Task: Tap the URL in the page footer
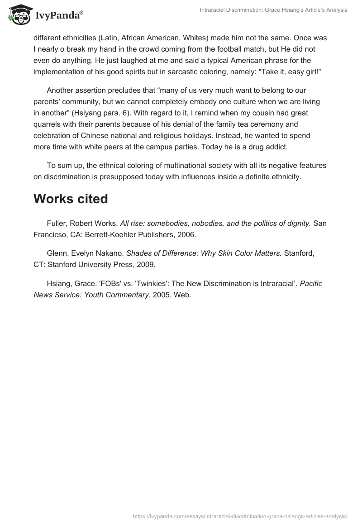pyautogui.click(x=240, y=515)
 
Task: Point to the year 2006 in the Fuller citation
pyautogui.click(x=187, y=235)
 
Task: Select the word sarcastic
pyautogui.click(x=199, y=72)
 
